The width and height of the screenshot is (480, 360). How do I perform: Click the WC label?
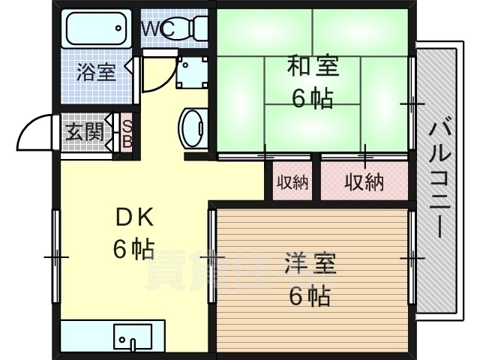tap(158, 28)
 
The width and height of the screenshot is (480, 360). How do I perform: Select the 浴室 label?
tap(96, 73)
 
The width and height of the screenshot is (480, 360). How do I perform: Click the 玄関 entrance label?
tap(84, 133)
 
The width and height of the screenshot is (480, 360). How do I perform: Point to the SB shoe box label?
tap(127, 133)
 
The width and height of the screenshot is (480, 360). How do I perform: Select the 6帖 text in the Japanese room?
tap(312, 98)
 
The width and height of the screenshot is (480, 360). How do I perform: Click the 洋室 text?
tap(310, 265)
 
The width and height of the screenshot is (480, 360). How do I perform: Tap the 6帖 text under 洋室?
tap(310, 296)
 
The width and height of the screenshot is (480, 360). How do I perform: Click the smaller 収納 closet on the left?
tap(292, 181)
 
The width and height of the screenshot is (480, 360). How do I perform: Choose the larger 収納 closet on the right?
tap(364, 181)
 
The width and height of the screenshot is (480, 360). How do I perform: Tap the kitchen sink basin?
tap(133, 336)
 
